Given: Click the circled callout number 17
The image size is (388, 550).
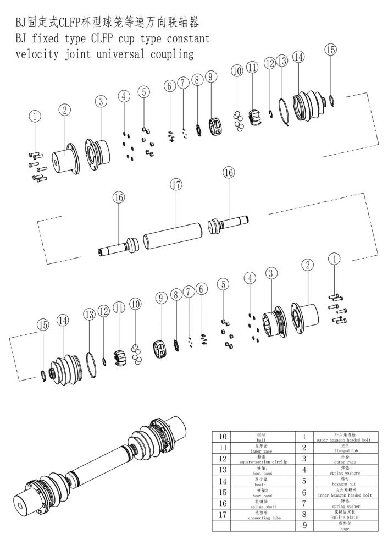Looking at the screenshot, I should [x=175, y=185].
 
